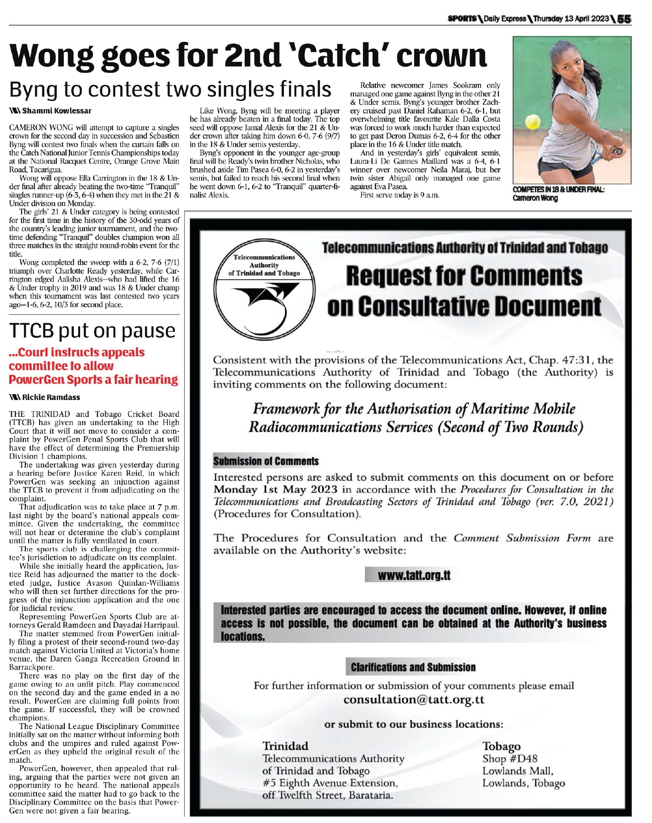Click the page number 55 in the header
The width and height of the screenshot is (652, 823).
(624, 19)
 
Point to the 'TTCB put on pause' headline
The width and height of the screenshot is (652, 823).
(93, 331)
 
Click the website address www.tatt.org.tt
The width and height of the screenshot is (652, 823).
(414, 575)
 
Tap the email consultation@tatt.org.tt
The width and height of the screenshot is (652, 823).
(414, 700)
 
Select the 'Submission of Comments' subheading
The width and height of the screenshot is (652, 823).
(266, 461)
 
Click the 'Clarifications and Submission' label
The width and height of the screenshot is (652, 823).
(413, 667)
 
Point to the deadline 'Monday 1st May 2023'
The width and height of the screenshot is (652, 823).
(275, 489)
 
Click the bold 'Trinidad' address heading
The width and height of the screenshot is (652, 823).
(285, 746)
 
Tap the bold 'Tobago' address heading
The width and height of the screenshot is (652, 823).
(501, 746)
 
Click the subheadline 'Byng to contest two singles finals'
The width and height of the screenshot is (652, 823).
(170, 89)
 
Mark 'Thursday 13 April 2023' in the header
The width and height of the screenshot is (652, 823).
(571, 19)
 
